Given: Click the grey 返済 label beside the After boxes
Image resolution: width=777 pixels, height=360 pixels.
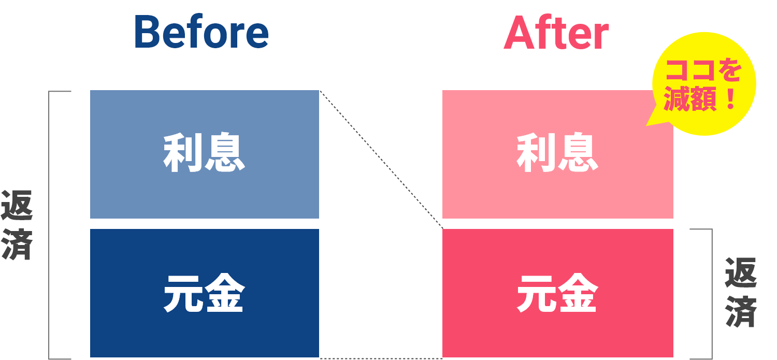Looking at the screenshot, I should (x=741, y=292).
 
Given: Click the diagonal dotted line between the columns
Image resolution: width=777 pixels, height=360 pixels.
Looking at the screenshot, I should (x=381, y=160).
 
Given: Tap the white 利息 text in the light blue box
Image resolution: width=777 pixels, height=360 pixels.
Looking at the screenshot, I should (x=204, y=154).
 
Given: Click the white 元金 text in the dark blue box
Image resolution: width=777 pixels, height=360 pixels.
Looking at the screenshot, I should (x=204, y=293).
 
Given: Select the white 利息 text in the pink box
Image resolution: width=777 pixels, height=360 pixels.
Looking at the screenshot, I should (x=557, y=154).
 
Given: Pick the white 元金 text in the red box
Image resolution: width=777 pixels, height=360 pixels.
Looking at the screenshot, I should (x=557, y=293).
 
